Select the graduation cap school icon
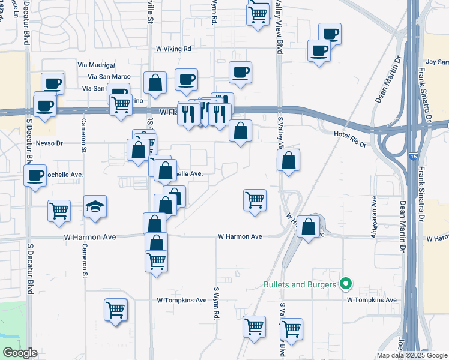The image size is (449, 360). [x=95, y=207]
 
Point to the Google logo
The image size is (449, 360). [x=19, y=353]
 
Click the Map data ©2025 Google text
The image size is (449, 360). [x=411, y=355]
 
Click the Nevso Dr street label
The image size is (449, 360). [x=49, y=143]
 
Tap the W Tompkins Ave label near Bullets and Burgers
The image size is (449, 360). [x=372, y=300]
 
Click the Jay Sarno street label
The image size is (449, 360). [x=437, y=62]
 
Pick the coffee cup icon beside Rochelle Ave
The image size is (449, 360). [x=35, y=176]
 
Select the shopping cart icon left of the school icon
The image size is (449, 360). [x=59, y=211]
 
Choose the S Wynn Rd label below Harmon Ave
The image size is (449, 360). [x=215, y=302]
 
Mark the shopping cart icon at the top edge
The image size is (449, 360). [x=258, y=13]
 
